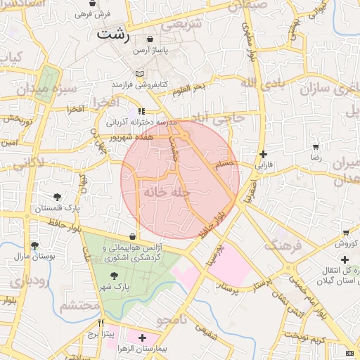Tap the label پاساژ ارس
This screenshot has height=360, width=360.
(151, 52)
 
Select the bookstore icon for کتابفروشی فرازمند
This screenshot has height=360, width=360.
(139, 73)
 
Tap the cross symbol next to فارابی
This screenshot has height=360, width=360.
(263, 154)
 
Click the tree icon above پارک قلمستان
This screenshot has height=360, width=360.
(57, 197)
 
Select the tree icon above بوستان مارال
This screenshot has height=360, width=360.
(34, 245)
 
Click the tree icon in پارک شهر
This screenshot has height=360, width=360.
(114, 276)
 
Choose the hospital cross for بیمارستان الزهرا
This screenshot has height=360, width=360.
(143, 337)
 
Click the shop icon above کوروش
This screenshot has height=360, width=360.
(346, 233)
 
